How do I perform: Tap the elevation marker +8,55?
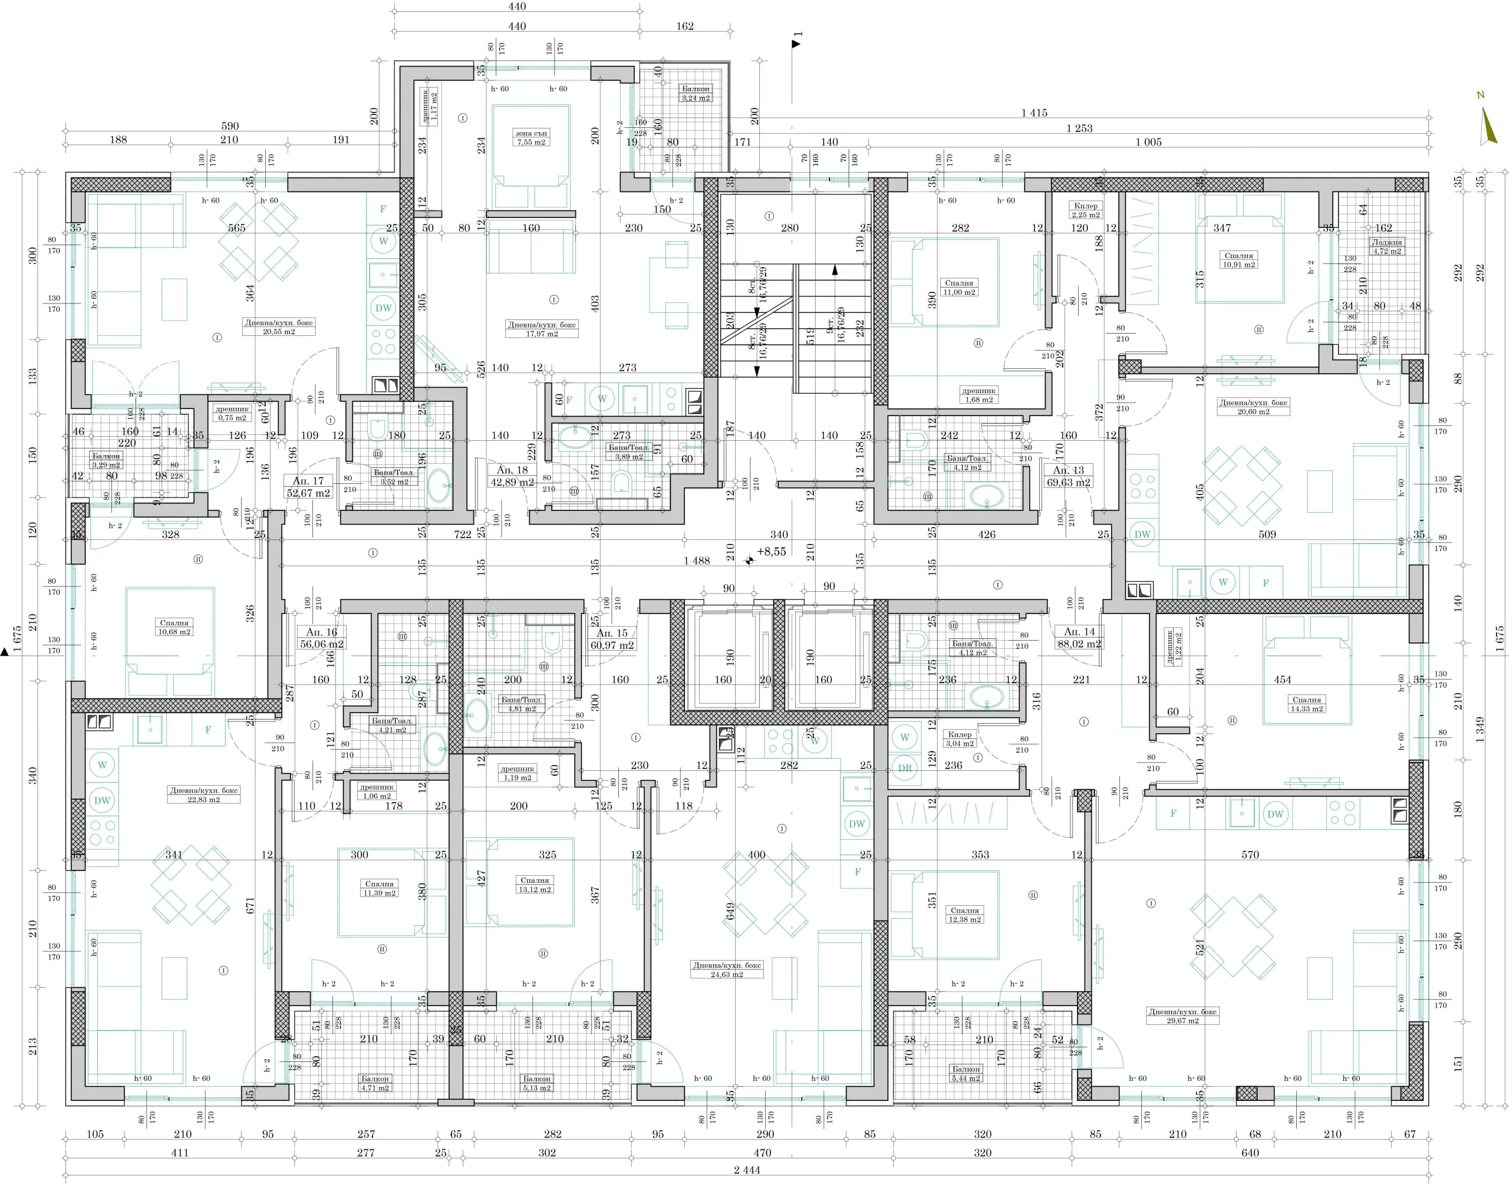(771, 552)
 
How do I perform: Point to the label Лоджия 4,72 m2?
(1387, 247)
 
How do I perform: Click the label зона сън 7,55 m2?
(531, 137)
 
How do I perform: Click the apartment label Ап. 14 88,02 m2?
(1080, 638)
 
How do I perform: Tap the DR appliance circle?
(905, 768)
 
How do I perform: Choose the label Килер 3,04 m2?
(959, 738)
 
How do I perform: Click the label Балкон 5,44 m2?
(966, 1073)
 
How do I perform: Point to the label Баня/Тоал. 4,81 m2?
(520, 704)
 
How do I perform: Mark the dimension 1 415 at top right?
(1033, 113)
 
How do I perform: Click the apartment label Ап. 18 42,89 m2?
(512, 476)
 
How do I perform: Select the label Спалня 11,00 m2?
(959, 287)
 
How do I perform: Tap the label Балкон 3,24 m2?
(695, 93)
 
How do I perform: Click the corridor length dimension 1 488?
(696, 561)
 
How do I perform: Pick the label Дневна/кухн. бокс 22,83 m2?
(203, 794)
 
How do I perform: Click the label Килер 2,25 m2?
(1086, 210)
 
